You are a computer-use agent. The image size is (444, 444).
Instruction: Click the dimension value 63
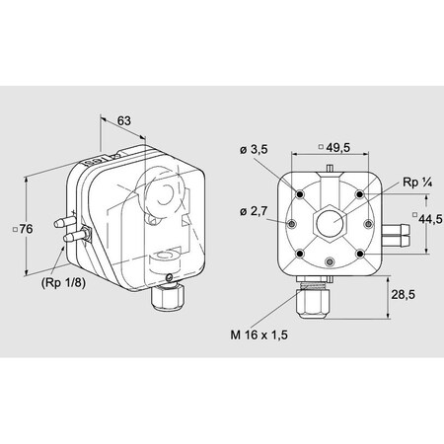pos(124,121)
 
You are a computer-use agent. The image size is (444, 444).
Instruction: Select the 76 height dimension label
pos(27,228)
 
